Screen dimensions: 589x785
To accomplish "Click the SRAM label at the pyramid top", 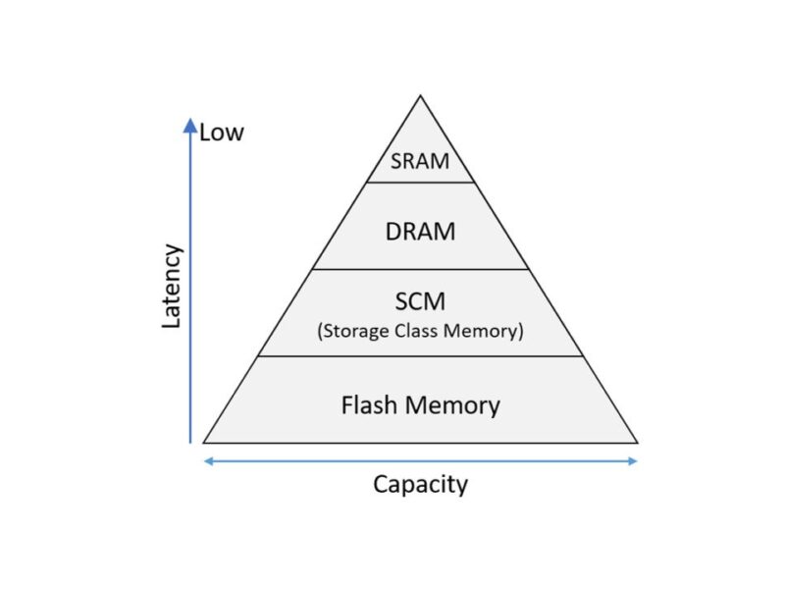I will (x=420, y=162).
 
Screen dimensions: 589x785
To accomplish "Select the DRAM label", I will (x=420, y=232).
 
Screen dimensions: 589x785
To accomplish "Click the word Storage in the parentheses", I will (x=355, y=331).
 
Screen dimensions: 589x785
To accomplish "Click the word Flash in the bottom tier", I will (x=368, y=404).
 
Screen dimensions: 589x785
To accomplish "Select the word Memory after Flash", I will (x=453, y=404).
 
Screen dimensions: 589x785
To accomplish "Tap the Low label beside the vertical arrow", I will (x=221, y=132).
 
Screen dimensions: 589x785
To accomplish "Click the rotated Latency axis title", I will (x=172, y=286).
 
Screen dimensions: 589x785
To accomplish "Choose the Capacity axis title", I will (x=420, y=484).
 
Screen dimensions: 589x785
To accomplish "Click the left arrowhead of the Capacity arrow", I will (x=207, y=460).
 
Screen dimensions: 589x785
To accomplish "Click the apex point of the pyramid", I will (x=421, y=96).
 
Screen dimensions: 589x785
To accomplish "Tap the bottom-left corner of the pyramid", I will (x=204, y=443).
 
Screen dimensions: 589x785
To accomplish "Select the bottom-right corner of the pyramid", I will (x=637, y=443).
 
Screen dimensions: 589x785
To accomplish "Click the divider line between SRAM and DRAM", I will (x=420, y=183).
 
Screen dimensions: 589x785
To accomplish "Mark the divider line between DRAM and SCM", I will (x=420, y=269).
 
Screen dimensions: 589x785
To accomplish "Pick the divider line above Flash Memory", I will (x=420, y=356).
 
